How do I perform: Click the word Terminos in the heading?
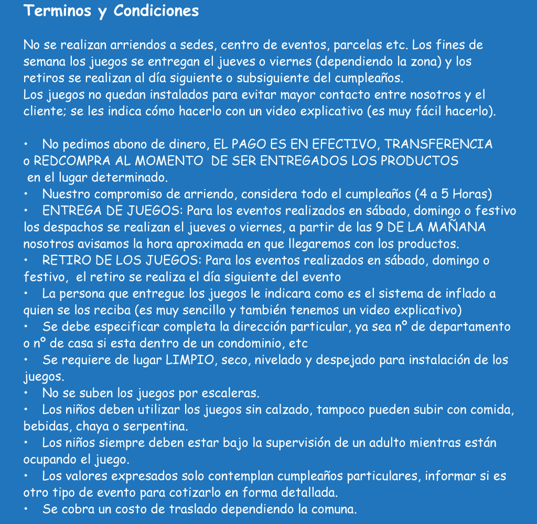coord(58,11)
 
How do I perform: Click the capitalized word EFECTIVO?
coord(347,144)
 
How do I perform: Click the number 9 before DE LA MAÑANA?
coord(379,228)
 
